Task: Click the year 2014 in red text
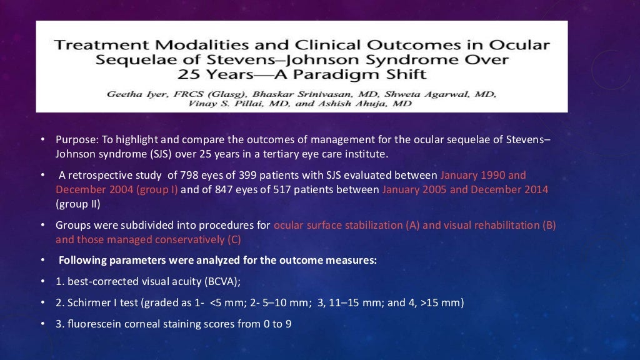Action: point(536,189)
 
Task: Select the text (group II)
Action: point(77,204)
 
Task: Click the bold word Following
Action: point(82,260)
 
